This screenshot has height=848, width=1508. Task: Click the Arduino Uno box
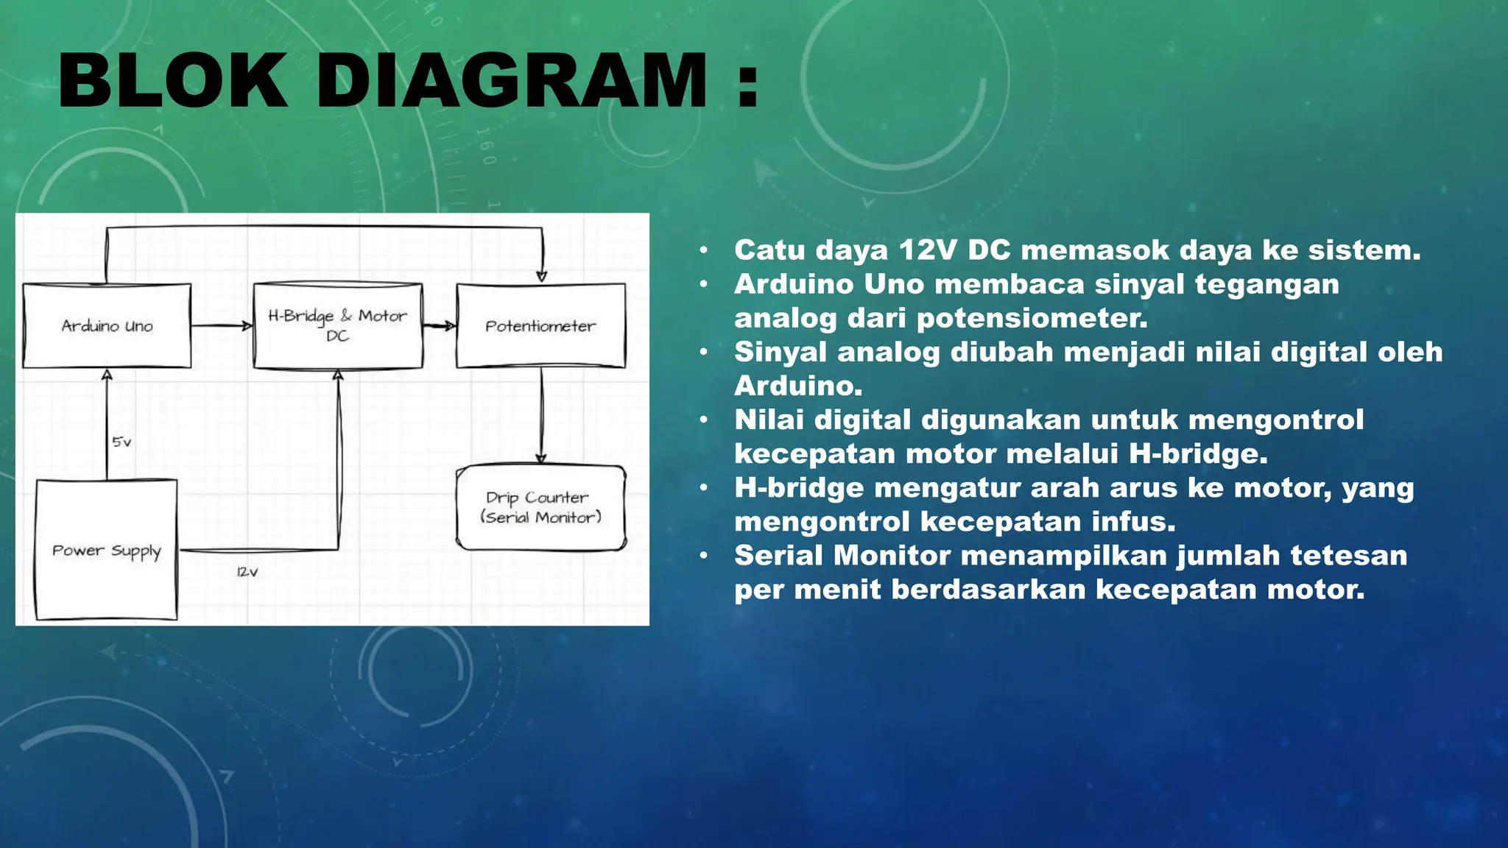[107, 325]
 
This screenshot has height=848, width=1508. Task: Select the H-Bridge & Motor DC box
[338, 325]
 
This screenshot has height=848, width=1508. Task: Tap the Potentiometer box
[540, 325]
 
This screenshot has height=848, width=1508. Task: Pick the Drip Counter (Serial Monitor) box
[540, 507]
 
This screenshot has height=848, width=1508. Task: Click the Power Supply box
[107, 550]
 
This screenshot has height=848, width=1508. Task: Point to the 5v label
[121, 442]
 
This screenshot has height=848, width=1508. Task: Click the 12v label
[247, 572]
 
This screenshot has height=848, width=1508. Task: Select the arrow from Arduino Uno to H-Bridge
[221, 325]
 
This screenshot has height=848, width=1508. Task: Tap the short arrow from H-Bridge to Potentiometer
[440, 325]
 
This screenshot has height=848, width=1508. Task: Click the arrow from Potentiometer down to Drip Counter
[542, 416]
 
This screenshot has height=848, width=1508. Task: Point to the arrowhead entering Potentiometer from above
[542, 277]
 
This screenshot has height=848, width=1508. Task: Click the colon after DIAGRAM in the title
[747, 82]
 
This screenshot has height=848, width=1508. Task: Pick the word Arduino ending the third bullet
[797, 386]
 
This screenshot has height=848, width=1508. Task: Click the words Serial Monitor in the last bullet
[842, 555]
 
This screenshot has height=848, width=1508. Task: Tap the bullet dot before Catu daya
[704, 251]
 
